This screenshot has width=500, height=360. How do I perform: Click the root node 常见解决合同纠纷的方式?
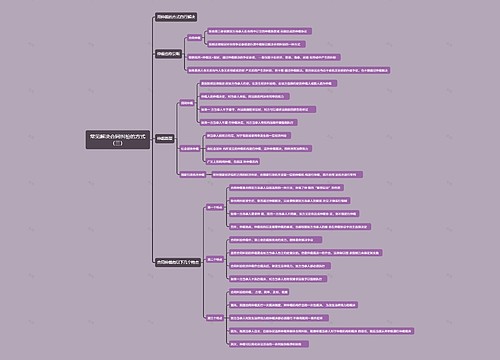pyautogui.click(x=119, y=134)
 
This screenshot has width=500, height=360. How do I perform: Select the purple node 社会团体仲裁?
pyautogui.click(x=192, y=148)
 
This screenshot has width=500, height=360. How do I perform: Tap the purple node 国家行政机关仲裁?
pyautogui.click(x=193, y=173)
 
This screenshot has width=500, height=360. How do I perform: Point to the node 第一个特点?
pyautogui.click(x=214, y=206)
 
